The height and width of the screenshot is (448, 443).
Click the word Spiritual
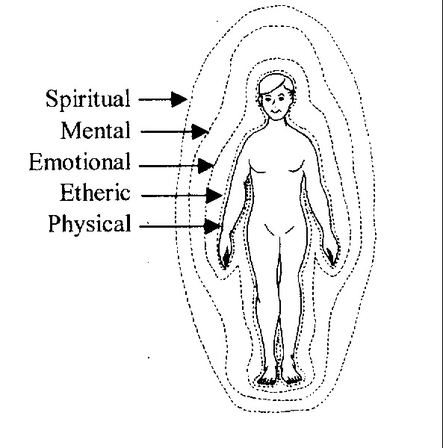(88, 99)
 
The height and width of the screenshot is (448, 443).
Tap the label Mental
(96, 130)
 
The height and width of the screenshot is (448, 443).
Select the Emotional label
(80, 161)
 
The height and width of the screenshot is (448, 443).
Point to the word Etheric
(95, 193)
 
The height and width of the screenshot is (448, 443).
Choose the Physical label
(90, 224)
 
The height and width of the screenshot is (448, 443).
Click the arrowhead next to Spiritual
(179, 99)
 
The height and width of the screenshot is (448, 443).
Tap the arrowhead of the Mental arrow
(200, 131)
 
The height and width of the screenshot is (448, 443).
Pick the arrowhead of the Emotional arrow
(205, 166)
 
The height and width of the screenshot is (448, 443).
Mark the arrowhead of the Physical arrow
(213, 226)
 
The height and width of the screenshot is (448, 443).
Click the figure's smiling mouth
(276, 111)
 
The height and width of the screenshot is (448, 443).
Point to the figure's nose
(274, 102)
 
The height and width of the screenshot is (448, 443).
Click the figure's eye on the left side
(267, 99)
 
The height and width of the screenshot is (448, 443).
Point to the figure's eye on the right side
(281, 99)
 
